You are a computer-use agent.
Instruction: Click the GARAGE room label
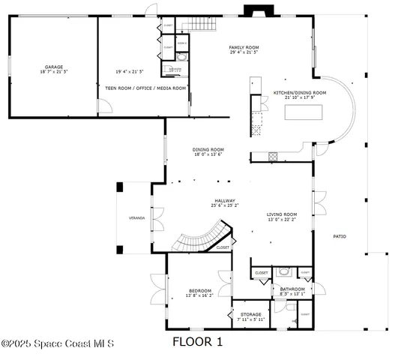pyautogui.click(x=52, y=67)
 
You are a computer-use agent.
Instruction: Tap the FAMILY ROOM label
pyautogui.click(x=244, y=47)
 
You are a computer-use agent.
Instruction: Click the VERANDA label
pyautogui.click(x=136, y=218)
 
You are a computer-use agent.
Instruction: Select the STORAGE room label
pyautogui.click(x=251, y=314)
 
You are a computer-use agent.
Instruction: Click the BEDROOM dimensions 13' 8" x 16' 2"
pyautogui.click(x=199, y=295)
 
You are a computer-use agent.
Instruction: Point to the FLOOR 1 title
pyautogui.click(x=198, y=343)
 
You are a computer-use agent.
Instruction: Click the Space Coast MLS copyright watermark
pyautogui.click(x=57, y=344)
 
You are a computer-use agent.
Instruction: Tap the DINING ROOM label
pyautogui.click(x=209, y=149)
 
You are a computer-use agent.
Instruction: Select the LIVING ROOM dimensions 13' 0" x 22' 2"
pyautogui.click(x=282, y=220)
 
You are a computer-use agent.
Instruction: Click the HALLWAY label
pyautogui.click(x=225, y=200)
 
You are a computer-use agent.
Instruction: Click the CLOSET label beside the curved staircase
pyautogui.click(x=223, y=247)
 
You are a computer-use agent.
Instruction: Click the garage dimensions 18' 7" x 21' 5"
pyautogui.click(x=52, y=72)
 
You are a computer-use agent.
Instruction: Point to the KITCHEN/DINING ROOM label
pyautogui.click(x=299, y=93)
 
